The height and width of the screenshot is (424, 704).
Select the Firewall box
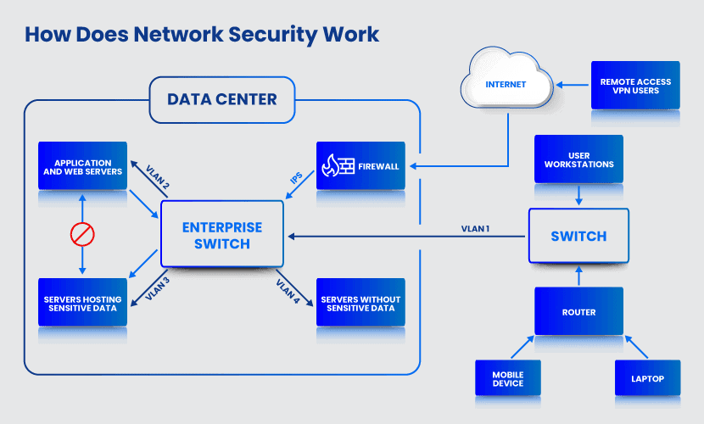[x=360, y=165]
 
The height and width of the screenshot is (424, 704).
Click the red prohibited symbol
[x=82, y=234]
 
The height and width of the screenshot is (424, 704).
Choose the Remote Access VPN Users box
[x=635, y=86]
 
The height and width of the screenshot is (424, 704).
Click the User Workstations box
[x=578, y=159]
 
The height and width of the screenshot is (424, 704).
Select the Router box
[x=578, y=311]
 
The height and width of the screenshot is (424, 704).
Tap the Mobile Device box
[x=507, y=378]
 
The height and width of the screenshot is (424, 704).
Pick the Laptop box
[x=647, y=378]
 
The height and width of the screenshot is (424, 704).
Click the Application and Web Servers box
[x=82, y=166]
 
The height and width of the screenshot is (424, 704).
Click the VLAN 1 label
[x=475, y=228]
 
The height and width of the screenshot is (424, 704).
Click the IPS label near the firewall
[x=296, y=181]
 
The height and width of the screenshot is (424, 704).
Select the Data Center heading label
[x=222, y=99]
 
